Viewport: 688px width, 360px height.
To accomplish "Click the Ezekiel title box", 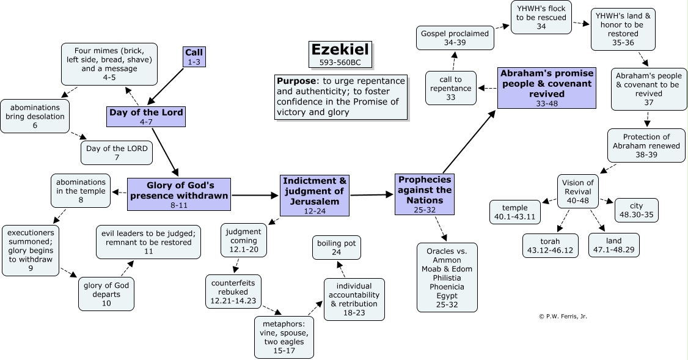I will click(x=340, y=54).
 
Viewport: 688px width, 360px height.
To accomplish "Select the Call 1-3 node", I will click(x=194, y=57).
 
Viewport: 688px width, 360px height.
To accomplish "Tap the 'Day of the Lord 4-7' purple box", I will click(x=145, y=116).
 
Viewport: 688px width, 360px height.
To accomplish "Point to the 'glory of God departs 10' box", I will click(x=106, y=293).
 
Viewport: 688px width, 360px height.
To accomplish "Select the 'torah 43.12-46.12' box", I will click(x=550, y=245).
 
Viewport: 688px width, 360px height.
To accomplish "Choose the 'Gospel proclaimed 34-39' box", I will click(x=455, y=38).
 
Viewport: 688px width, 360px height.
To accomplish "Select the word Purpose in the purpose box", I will click(x=295, y=81).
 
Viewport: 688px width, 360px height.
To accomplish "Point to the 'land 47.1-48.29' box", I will click(x=614, y=245).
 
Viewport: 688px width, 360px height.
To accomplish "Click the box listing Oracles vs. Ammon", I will click(x=447, y=277).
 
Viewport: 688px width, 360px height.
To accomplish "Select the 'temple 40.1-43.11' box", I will click(x=514, y=211).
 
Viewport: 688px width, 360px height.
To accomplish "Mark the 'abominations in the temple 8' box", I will click(x=81, y=191).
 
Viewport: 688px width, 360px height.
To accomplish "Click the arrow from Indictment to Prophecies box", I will click(x=372, y=195).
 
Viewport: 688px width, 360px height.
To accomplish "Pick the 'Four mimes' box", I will click(x=109, y=64).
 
